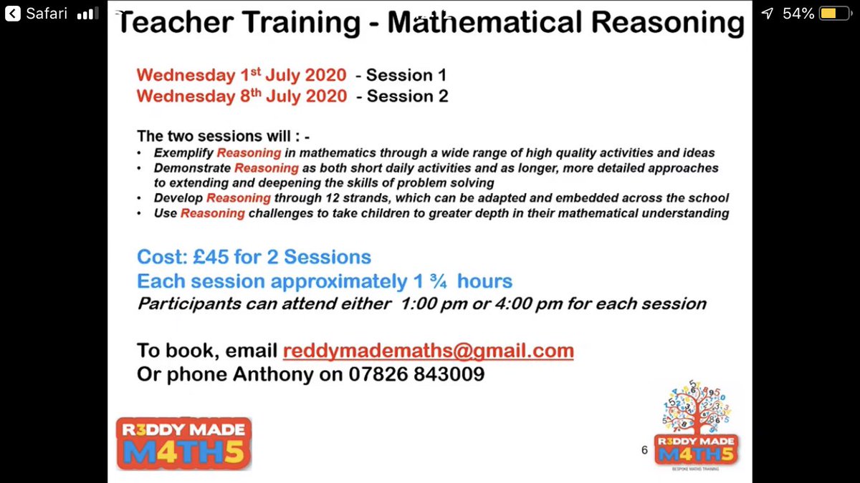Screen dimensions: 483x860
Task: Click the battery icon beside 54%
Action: click(833, 14)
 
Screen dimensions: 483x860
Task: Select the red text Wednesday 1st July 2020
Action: click(242, 75)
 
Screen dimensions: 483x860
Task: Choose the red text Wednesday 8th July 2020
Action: click(242, 96)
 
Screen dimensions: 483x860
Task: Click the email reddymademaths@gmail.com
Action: click(428, 351)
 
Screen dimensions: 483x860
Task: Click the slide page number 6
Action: click(644, 450)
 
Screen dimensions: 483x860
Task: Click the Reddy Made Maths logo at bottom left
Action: click(184, 444)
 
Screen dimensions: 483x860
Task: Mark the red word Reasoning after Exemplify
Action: click(246, 153)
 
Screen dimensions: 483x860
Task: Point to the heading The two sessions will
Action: click(223, 136)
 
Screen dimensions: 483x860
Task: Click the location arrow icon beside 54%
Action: click(768, 14)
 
